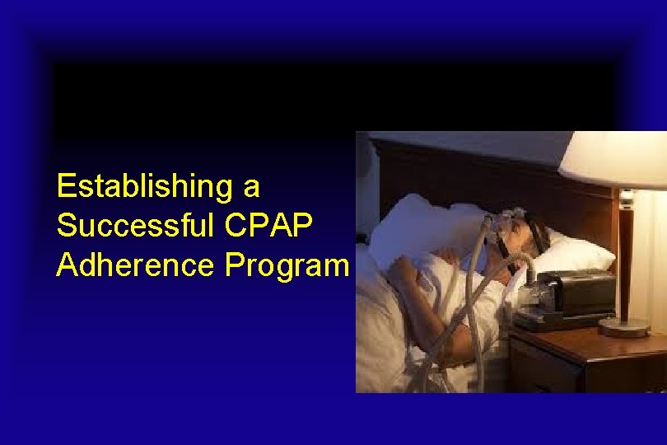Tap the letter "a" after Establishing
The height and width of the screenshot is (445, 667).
coord(251,188)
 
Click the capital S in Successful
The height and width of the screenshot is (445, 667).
coord(65,225)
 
